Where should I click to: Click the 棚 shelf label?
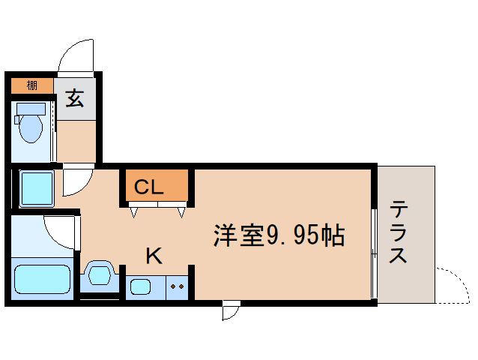point(31,85)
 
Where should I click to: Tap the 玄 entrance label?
point(74,97)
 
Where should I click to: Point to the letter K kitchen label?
point(153,256)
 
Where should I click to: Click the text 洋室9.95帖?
point(278,235)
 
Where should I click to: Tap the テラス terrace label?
point(399,232)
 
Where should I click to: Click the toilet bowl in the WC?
point(31,127)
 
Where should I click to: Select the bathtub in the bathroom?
point(43,279)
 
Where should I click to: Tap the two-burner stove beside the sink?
point(178,286)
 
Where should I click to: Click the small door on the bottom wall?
point(231,310)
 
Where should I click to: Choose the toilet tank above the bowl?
point(31,107)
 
